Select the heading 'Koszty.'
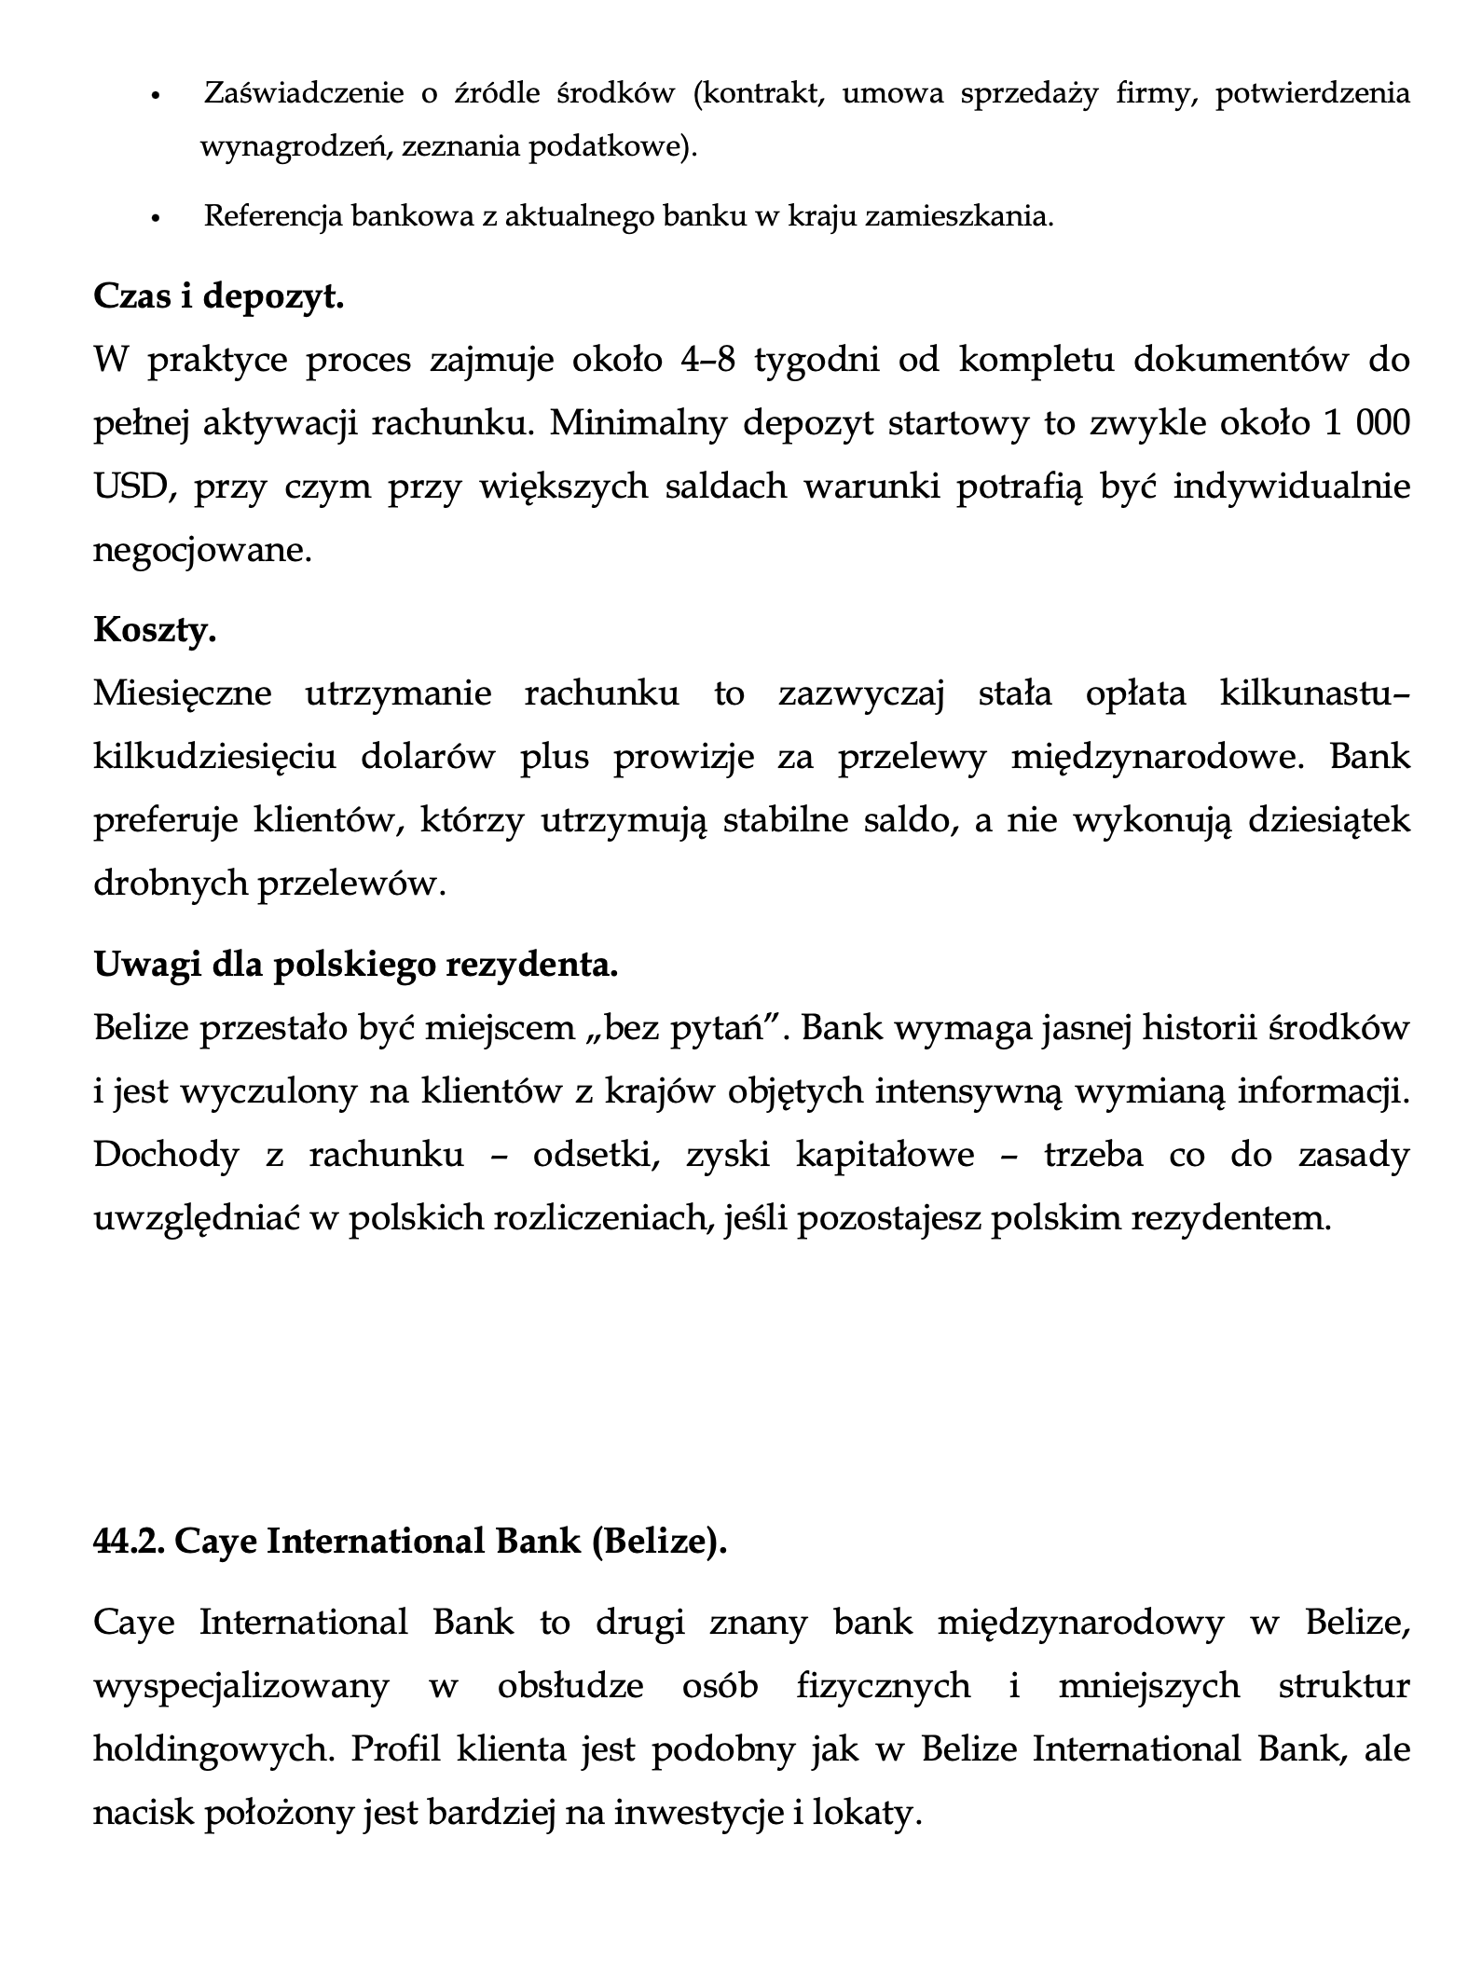[x=155, y=631]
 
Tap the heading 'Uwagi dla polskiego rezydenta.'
[x=356, y=965]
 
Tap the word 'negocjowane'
[x=200, y=550]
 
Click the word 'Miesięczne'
[x=183, y=694]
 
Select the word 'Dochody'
[x=166, y=1155]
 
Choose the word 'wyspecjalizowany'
[x=240, y=1686]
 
